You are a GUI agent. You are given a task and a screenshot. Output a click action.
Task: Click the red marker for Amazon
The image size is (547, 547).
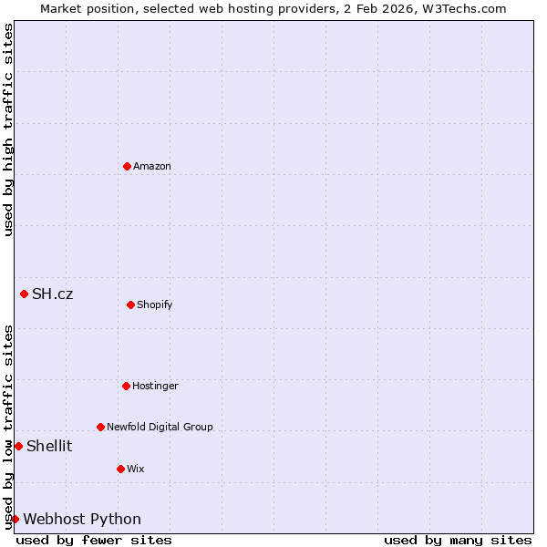(127, 166)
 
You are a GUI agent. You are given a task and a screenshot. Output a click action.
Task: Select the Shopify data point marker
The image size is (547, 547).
(130, 304)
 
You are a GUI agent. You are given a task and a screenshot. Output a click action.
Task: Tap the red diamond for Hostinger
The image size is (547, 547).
(126, 386)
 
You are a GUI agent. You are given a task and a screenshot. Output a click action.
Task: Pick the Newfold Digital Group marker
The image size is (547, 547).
(100, 427)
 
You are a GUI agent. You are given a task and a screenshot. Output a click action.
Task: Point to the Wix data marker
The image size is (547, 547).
(120, 469)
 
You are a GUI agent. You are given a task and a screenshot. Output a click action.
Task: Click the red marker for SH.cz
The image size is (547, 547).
(24, 294)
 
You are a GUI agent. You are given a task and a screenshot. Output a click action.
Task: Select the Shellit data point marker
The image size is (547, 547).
(18, 446)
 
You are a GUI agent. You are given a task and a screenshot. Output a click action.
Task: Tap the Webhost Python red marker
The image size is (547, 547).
(15, 519)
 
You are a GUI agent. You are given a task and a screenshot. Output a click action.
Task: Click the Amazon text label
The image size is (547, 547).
(152, 166)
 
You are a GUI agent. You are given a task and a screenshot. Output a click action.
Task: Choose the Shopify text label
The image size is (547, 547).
(155, 304)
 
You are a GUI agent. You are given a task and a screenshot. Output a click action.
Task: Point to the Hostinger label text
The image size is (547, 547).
(155, 386)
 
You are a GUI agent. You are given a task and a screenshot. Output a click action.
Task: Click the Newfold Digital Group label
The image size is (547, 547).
(160, 427)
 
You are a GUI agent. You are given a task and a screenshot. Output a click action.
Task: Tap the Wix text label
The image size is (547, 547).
(136, 469)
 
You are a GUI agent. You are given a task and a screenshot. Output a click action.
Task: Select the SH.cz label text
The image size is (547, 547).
(53, 294)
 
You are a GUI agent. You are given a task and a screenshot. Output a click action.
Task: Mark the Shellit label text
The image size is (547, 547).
(49, 446)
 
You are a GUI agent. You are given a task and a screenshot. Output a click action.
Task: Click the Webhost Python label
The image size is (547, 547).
(82, 519)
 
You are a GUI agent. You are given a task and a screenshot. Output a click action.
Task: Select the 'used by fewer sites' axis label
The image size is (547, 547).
(94, 540)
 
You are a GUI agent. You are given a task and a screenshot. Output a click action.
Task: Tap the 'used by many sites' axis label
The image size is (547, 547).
(458, 540)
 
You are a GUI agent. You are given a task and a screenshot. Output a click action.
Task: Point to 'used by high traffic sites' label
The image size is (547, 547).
(8, 129)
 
